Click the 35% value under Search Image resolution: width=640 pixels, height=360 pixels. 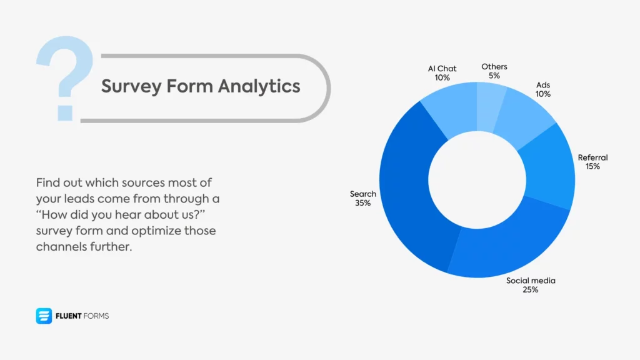(362, 203)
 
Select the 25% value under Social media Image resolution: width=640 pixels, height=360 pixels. (531, 290)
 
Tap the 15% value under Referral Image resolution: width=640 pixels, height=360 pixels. (592, 167)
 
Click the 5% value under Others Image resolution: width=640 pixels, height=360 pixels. (494, 76)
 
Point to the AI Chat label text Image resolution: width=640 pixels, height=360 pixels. (442, 69)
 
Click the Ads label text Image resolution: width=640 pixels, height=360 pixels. (542, 85)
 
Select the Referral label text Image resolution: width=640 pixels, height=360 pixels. (592, 157)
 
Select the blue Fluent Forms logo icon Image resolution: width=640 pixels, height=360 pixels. (44, 316)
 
